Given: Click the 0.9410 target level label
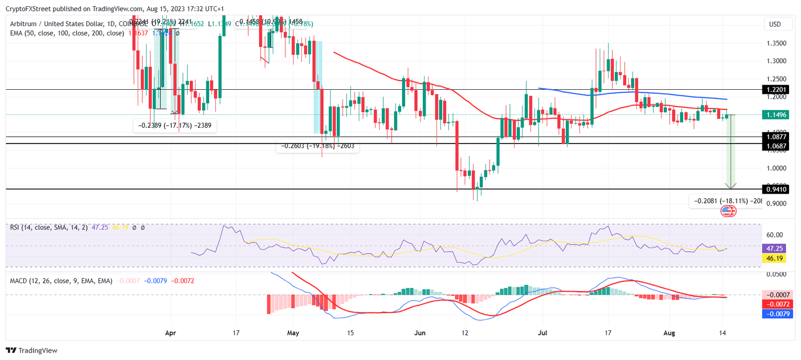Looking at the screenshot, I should [x=775, y=189].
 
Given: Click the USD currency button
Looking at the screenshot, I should [x=775, y=25].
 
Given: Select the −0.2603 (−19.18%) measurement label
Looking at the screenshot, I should [x=317, y=147].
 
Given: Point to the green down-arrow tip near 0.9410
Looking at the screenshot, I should [x=731, y=187].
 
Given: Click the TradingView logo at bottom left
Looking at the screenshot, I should [x=31, y=351].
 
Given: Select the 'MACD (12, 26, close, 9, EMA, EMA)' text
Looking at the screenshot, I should [x=61, y=281].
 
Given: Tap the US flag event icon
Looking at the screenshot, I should [x=726, y=211].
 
